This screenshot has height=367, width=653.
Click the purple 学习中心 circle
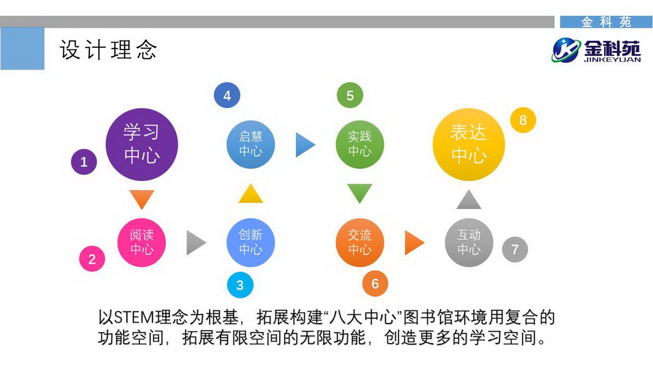[141, 145]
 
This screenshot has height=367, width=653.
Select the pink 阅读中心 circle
[141, 242]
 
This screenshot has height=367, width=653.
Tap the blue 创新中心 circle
[251, 242]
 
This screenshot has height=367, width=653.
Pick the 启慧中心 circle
[251, 145]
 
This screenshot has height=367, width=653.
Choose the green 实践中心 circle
[360, 145]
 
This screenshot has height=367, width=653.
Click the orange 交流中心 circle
[360, 242]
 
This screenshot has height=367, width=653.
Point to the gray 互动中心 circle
[469, 242]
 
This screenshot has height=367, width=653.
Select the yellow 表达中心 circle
[469, 145]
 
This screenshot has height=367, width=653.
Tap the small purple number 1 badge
[84, 161]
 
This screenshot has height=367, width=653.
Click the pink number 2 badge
[92, 259]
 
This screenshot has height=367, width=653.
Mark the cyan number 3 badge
[240, 285]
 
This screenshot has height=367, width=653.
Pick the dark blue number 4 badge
[227, 95]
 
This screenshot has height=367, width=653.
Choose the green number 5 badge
[350, 95]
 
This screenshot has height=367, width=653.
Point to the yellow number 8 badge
[523, 120]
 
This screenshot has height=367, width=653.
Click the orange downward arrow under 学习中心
[142, 200]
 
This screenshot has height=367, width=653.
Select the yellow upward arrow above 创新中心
[251, 194]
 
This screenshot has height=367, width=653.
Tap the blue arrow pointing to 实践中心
[305, 145]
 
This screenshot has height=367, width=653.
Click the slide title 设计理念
[108, 50]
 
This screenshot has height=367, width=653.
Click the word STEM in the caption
[135, 318]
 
